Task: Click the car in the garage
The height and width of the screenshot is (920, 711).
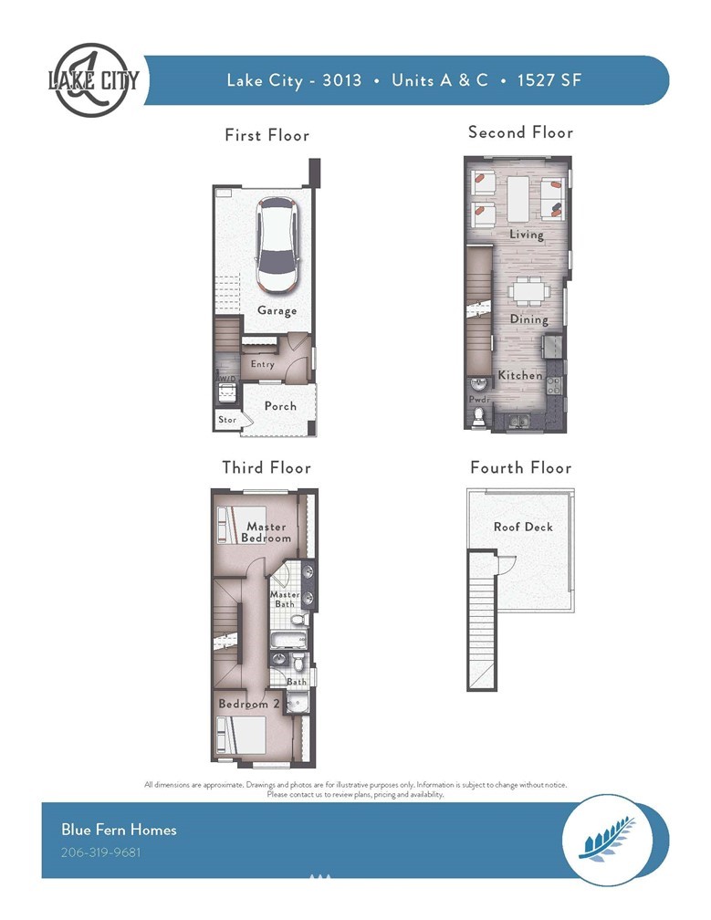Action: coord(277,245)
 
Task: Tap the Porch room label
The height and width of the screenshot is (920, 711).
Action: coord(280,406)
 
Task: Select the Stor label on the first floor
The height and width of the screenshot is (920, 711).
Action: coord(227,420)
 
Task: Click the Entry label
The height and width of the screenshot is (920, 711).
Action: coord(262,364)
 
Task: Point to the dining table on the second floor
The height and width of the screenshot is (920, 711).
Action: coord(529,291)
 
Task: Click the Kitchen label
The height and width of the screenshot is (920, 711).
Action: coord(520,375)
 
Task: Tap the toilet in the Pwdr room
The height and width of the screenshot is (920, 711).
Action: coord(479,416)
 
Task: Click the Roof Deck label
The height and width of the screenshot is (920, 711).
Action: coord(523,527)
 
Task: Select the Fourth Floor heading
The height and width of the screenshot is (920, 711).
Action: coord(521,467)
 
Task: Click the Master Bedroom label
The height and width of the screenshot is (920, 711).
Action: coord(267,532)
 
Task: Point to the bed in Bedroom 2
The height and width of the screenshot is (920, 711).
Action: coord(241,734)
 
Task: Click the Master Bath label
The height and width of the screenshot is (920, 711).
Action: coord(285,599)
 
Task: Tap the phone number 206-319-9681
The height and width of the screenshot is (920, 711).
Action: coord(101,852)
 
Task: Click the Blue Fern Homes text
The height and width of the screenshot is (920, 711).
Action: coord(119,830)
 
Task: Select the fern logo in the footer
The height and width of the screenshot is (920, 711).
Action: coord(607,840)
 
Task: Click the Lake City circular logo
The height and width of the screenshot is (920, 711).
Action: coord(92,79)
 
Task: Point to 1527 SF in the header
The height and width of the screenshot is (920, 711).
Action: coord(549,79)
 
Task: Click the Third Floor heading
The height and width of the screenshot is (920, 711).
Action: coord(267,467)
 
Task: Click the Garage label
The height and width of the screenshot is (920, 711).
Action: coord(277,310)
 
